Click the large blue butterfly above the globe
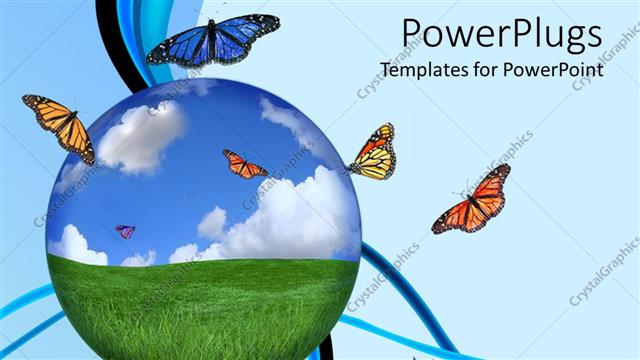coord(213,41)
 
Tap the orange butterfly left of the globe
coord(60,125)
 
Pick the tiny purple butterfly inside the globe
coord(125,231)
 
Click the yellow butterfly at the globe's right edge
coord(373,153)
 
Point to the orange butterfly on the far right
coord(473,200)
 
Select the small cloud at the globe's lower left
coord(77,245)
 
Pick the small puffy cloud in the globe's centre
coord(212,223)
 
